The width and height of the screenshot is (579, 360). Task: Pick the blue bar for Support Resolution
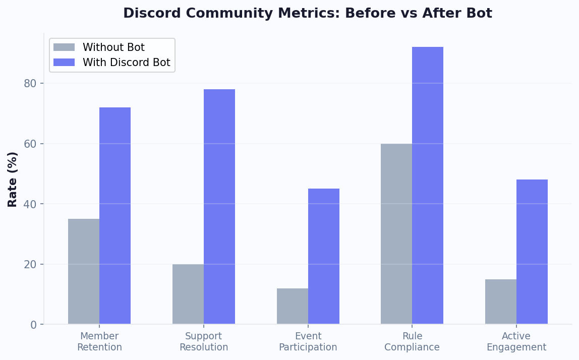pyautogui.click(x=219, y=207)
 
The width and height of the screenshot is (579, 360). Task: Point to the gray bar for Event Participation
pyautogui.click(x=293, y=306)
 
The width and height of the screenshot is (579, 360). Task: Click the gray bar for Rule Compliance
pyautogui.click(x=396, y=234)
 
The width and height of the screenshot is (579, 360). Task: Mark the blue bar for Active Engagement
pyautogui.click(x=532, y=252)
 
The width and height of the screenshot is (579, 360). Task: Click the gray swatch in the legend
pyautogui.click(x=64, y=47)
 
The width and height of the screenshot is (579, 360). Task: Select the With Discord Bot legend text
pyautogui.click(x=127, y=63)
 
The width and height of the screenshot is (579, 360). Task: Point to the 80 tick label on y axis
pyautogui.click(x=30, y=83)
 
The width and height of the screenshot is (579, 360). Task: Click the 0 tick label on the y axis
pyautogui.click(x=34, y=325)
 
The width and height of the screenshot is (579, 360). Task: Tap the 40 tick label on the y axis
pyautogui.click(x=30, y=204)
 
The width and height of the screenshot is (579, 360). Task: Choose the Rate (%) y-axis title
pyautogui.click(x=13, y=179)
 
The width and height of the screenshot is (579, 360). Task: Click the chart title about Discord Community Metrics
pyautogui.click(x=308, y=14)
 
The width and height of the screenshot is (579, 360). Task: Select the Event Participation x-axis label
pyautogui.click(x=308, y=342)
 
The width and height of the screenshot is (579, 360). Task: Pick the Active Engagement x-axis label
pyautogui.click(x=516, y=342)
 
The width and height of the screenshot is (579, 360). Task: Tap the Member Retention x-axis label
pyautogui.click(x=99, y=342)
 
